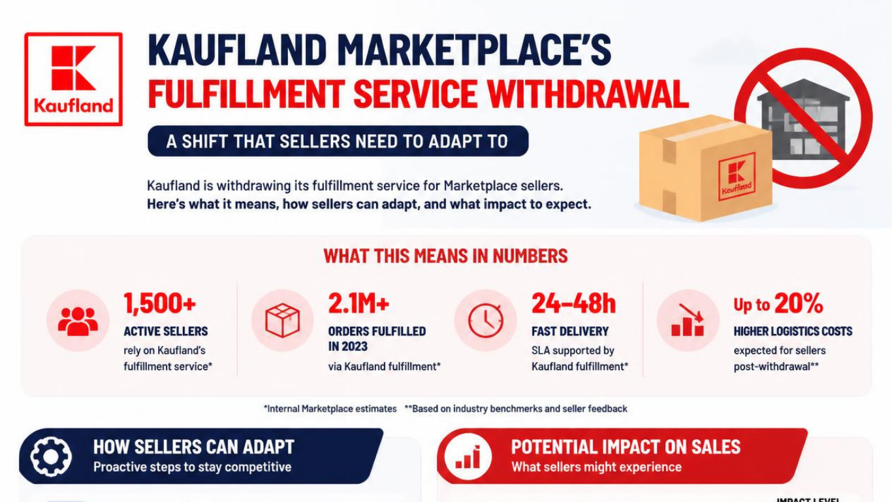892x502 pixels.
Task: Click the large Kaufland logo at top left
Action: coord(73,79)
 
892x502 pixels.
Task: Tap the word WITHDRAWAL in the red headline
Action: coord(588,94)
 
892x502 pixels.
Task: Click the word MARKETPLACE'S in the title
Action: coord(474,50)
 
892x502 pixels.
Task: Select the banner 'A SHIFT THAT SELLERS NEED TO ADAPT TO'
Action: coord(338,141)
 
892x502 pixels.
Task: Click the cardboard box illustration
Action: coord(705,168)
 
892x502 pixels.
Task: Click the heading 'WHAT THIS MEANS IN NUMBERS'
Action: coord(445,256)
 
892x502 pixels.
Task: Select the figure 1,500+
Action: coord(160,303)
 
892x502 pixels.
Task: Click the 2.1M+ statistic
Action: coord(358,303)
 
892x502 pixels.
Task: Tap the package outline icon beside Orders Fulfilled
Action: coord(282,320)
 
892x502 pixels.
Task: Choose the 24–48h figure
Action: coord(573,303)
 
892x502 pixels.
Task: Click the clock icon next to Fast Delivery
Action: coord(486,320)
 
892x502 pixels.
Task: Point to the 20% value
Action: coord(799,303)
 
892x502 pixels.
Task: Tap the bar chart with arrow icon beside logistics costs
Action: coord(688,320)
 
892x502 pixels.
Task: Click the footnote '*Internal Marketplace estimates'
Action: coord(330,409)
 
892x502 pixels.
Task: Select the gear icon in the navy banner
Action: coord(51,456)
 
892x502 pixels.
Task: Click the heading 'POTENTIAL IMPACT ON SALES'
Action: coord(626,447)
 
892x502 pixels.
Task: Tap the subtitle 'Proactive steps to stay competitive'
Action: coord(193,467)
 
